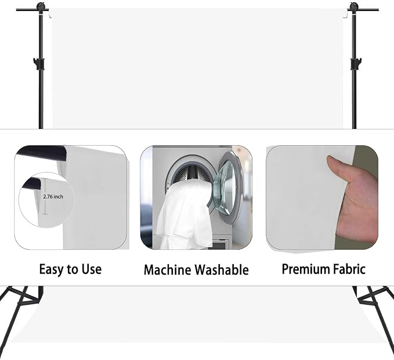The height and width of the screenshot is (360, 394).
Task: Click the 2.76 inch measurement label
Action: coord(53,197)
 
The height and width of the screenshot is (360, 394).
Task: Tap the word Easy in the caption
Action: coord(51,269)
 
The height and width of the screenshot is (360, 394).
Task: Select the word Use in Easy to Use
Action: coord(92,269)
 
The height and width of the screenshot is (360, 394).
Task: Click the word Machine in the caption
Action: coord(167,270)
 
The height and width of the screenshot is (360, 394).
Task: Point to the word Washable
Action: coord(222,270)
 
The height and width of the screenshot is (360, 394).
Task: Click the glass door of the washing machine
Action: coord(228,186)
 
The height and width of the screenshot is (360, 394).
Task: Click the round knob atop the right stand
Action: coord(354,6)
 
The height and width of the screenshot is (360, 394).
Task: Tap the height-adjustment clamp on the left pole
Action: coord(39,64)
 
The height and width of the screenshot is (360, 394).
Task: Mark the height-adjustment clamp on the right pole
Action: coord(356,64)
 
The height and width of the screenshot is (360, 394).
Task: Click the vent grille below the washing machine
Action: coord(219,244)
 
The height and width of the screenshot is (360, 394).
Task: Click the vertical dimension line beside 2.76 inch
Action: coord(45,196)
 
